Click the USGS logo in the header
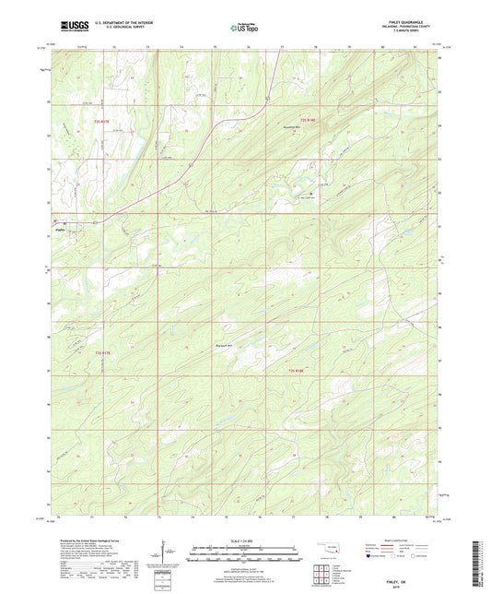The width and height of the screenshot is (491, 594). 66,25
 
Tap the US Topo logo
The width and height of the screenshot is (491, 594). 244,26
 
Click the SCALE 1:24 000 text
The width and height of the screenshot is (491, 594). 246,540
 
